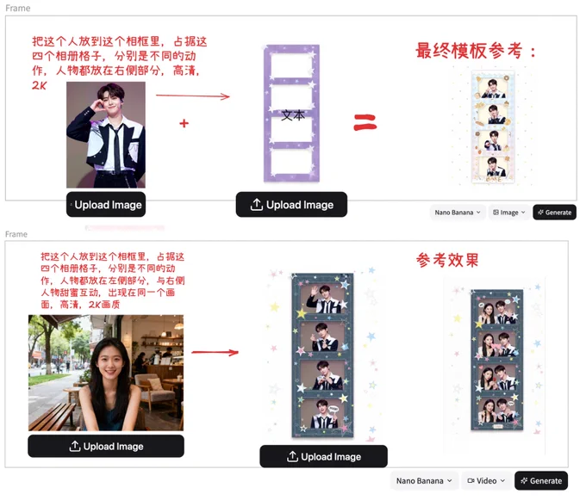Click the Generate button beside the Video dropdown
coord(541,480)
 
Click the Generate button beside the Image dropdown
coord(554,213)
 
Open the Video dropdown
coord(486,480)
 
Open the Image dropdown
coord(509,213)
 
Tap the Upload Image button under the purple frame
coord(291,205)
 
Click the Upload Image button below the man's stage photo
coord(106,205)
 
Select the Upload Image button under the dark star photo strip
coord(324,456)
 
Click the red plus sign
coord(184,123)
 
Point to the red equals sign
coord(365,122)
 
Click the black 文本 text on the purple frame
coord(293,115)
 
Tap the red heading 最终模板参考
coord(470,51)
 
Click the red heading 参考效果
coord(447,260)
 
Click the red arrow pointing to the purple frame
coord(193,96)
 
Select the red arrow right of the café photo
coord(215,352)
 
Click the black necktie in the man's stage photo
coord(117,149)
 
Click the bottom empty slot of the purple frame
coord(291,162)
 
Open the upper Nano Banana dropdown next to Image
coord(458,213)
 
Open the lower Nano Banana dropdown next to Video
coord(424,480)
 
